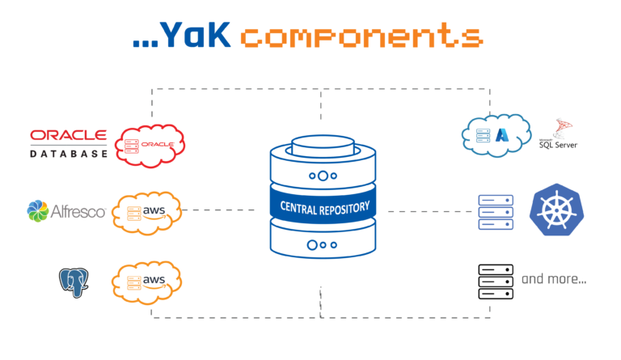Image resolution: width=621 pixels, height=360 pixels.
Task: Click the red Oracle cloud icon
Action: (x=150, y=145)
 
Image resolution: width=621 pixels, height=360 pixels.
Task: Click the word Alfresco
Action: (x=78, y=212)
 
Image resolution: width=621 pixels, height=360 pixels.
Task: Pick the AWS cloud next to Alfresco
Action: (x=146, y=213)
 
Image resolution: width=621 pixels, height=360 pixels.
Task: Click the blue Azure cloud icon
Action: (x=496, y=134)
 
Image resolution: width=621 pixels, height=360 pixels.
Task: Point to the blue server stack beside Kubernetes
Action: (x=496, y=211)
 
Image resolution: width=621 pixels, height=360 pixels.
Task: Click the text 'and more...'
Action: (x=554, y=280)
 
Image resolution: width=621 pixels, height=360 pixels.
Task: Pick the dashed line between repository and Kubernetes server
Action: (x=427, y=211)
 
